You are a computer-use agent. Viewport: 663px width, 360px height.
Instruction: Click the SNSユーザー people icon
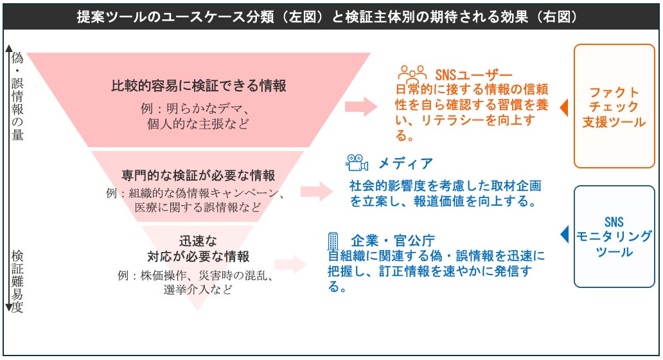click(x=412, y=74)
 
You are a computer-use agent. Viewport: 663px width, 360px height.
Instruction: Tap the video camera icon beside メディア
click(x=357, y=163)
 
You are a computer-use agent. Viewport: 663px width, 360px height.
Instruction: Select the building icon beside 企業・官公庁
click(x=333, y=240)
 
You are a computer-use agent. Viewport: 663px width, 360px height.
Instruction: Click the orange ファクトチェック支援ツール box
click(x=614, y=106)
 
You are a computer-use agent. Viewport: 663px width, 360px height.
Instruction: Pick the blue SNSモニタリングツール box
click(x=614, y=237)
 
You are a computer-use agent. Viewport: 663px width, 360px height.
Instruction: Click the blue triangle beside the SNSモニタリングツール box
click(x=564, y=235)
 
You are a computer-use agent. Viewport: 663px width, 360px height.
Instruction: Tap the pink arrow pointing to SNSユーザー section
click(x=361, y=106)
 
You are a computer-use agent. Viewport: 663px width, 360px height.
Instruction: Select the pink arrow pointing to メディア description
click(x=317, y=192)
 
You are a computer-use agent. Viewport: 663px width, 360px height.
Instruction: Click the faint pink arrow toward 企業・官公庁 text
click(x=290, y=265)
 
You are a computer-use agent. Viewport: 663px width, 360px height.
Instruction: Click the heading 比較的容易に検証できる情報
click(x=199, y=86)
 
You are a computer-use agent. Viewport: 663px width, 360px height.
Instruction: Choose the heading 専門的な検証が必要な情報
click(x=199, y=175)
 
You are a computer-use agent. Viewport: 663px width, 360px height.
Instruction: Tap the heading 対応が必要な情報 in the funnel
click(x=199, y=256)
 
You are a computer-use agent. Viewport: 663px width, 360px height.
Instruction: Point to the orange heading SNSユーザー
click(x=473, y=75)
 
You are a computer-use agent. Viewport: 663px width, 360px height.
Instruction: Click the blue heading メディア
click(x=405, y=163)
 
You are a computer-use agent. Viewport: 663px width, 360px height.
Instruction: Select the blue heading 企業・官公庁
click(x=393, y=240)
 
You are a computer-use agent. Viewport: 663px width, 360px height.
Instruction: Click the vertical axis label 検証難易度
click(x=17, y=282)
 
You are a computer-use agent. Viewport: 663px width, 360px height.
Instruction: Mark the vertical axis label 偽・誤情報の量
click(x=17, y=96)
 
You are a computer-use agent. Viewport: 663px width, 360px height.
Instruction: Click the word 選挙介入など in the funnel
click(x=198, y=290)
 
